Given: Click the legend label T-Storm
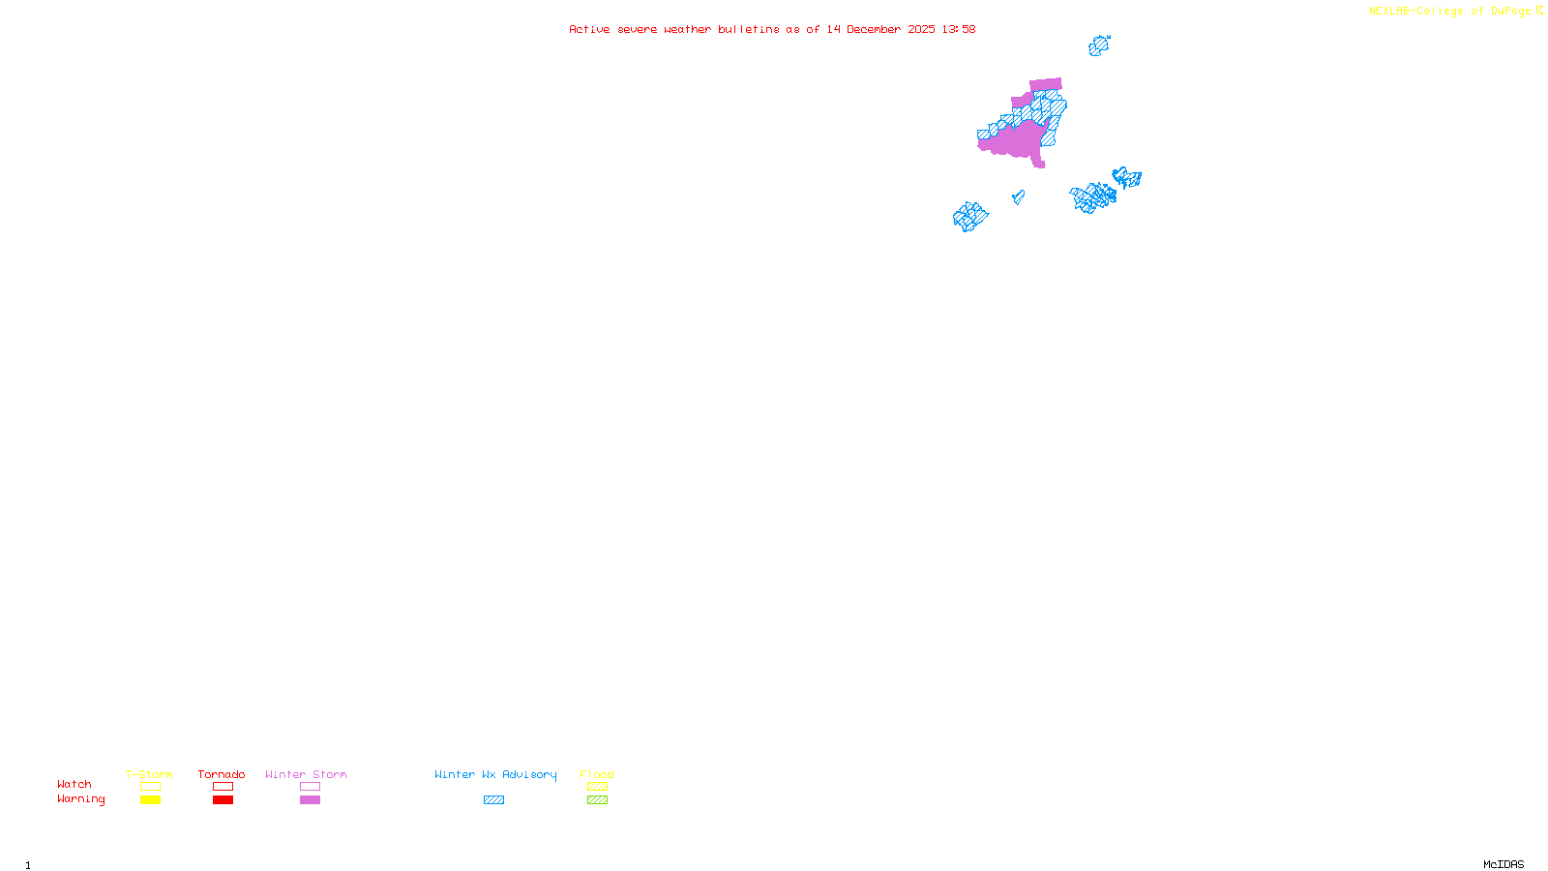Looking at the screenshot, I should click(x=149, y=774).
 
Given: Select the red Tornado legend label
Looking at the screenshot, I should click(x=222, y=774).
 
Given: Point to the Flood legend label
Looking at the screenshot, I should click(x=597, y=774).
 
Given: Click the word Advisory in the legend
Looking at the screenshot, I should click(x=529, y=774).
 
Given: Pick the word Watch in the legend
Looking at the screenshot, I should click(x=74, y=784).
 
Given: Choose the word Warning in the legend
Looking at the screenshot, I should click(x=81, y=799).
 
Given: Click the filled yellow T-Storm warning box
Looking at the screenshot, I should click(x=150, y=800).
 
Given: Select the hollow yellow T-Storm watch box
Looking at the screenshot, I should click(x=150, y=787).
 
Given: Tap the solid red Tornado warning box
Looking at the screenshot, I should click(x=223, y=800).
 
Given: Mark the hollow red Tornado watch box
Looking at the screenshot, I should click(x=223, y=787).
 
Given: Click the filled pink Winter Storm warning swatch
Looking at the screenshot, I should click(x=310, y=800).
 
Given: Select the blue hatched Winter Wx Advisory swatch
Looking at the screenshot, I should click(x=493, y=800).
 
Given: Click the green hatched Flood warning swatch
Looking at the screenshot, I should click(x=597, y=800).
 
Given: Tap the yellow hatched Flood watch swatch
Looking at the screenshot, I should click(x=597, y=787).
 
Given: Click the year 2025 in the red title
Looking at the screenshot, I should click(x=921, y=29).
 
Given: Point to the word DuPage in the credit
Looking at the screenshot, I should click(x=1511, y=12).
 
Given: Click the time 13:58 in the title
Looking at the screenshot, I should click(x=959, y=29).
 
